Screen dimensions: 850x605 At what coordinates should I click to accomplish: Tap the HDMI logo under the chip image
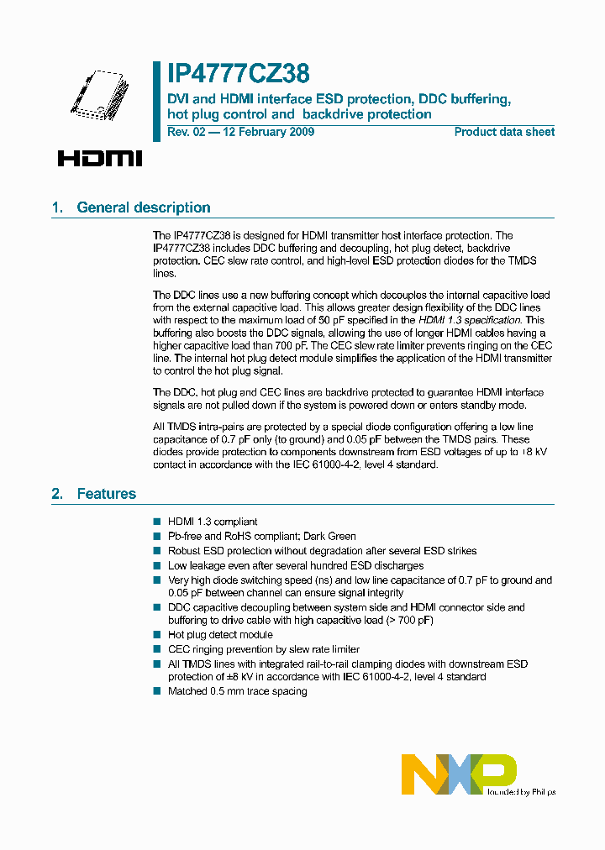pyautogui.click(x=100, y=158)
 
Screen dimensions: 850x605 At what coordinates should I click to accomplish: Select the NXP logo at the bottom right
pyautogui.click(x=458, y=774)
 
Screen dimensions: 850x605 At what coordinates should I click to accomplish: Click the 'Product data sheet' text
pyautogui.click(x=504, y=132)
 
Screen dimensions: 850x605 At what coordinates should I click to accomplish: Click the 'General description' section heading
pyautogui.click(x=143, y=207)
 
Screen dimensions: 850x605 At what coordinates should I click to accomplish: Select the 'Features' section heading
pyautogui.click(x=106, y=494)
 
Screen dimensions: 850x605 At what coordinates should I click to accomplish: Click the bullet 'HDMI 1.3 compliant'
pyautogui.click(x=213, y=522)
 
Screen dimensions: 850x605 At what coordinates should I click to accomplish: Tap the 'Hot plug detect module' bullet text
pyautogui.click(x=220, y=635)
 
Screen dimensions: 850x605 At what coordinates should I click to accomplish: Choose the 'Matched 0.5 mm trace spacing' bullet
pyautogui.click(x=237, y=691)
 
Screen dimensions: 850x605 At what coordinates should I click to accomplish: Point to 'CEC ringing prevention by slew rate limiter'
pyautogui.click(x=263, y=649)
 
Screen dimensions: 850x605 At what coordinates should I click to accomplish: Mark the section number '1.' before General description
pyautogui.click(x=57, y=207)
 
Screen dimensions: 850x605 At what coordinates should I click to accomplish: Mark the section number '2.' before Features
pyautogui.click(x=57, y=494)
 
